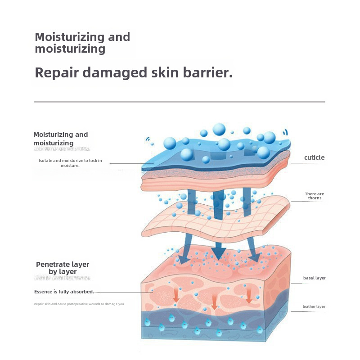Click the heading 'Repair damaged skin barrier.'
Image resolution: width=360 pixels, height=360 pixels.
click(134, 73)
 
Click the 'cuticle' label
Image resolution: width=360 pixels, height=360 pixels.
click(314, 157)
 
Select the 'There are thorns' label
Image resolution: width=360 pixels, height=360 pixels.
click(315, 196)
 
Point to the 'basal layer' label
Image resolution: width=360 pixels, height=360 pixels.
click(314, 278)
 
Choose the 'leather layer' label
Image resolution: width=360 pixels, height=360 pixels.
click(314, 307)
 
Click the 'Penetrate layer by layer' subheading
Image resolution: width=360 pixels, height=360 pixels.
click(63, 268)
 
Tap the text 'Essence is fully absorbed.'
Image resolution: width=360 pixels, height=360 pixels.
click(64, 292)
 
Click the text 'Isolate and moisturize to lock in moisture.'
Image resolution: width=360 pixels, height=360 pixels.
click(70, 163)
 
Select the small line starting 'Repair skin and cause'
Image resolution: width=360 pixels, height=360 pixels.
click(79, 304)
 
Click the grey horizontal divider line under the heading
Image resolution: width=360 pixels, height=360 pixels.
click(179, 102)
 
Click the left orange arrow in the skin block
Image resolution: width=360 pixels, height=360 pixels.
click(176, 294)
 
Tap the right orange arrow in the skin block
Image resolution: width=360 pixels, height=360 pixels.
click(248, 295)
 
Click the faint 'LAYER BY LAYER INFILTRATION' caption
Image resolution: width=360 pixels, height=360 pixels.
click(62, 279)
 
